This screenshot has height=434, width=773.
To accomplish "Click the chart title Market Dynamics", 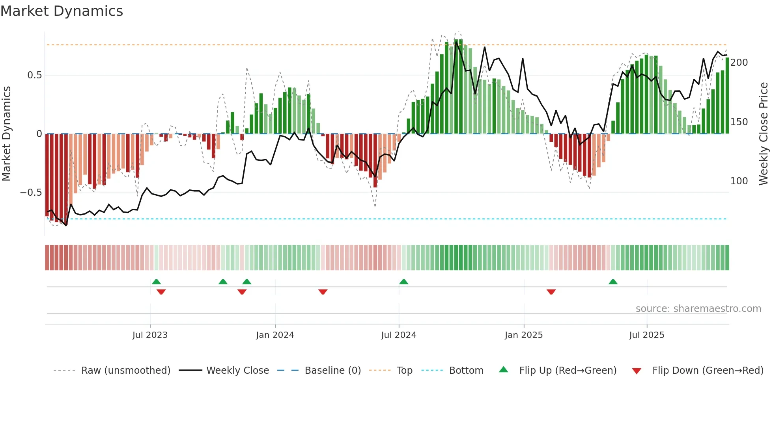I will (x=62, y=11).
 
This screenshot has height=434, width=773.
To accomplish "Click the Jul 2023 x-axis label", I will (x=150, y=335).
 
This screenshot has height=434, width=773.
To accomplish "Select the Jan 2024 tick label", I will (x=275, y=335).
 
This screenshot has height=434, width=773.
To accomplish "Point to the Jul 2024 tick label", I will (x=399, y=335).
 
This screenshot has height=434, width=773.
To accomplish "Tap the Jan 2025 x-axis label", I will (x=524, y=335).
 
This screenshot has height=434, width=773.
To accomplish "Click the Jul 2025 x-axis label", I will (x=647, y=335).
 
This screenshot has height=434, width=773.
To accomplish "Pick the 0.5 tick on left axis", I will (x=34, y=75).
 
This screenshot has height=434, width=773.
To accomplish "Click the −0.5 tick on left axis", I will (x=31, y=193).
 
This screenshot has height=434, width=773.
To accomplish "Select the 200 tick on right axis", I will (x=739, y=63).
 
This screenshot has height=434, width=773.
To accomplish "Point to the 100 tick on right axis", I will (x=739, y=181).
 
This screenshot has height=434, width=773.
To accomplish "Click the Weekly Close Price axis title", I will (x=764, y=134).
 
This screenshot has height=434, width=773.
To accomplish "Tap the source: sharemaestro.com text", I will (x=698, y=309).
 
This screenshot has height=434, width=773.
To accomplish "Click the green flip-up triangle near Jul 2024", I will (x=403, y=282).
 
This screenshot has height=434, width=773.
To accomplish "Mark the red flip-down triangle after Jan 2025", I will (x=551, y=292).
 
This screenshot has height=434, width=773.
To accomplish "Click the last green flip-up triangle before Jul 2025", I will (x=613, y=282).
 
